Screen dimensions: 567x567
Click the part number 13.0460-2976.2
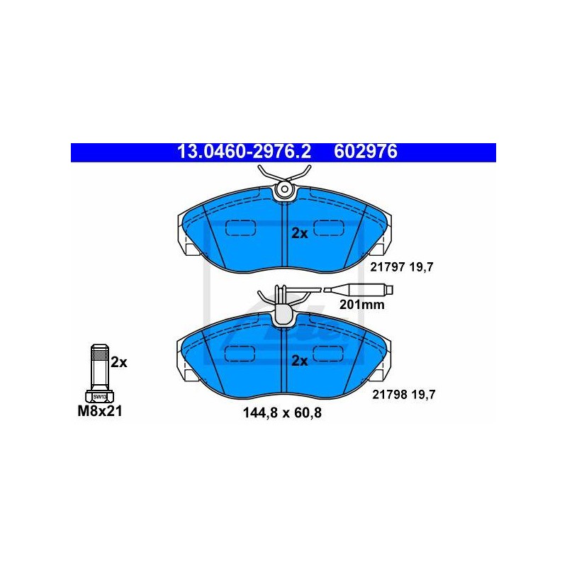click(244, 152)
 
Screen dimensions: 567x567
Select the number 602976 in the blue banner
click(366, 152)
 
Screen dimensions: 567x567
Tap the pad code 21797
click(387, 267)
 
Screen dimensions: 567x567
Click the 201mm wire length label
click(361, 305)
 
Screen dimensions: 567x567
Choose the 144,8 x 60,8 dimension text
click(282, 412)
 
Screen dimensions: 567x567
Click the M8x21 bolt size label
click(100, 411)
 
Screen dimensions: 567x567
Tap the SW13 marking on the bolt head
click(99, 397)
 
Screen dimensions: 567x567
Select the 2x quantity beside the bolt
click(119, 362)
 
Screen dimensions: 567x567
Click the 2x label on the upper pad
click(300, 234)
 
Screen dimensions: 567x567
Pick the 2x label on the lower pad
click(300, 361)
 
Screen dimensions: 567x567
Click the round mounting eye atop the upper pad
click(285, 189)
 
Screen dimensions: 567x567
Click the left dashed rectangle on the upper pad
click(240, 228)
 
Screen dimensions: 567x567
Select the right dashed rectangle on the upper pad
click(328, 228)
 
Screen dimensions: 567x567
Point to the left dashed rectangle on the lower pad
click(240, 353)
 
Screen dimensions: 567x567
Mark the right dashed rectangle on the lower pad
click(327, 353)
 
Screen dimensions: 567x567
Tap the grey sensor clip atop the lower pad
click(285, 315)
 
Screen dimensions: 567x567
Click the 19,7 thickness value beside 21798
click(423, 395)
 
